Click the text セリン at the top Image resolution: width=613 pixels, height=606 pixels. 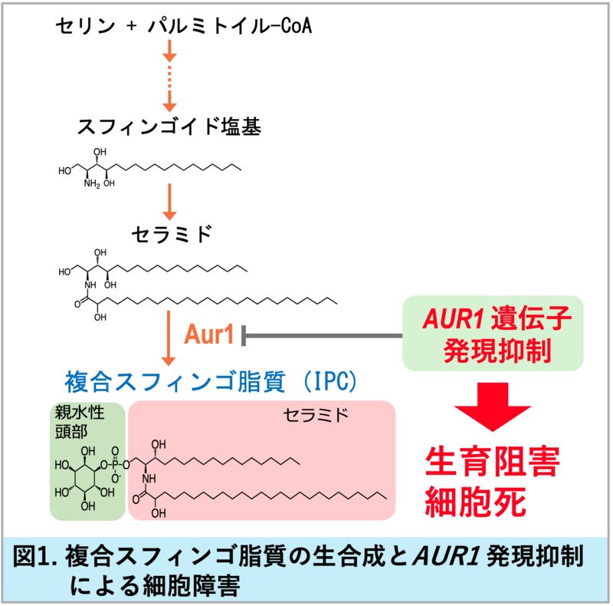click(86, 26)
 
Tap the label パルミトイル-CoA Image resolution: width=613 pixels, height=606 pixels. click(230, 26)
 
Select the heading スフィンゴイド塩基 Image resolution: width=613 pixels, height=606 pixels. click(169, 127)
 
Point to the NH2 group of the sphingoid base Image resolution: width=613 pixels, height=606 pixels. click(92, 183)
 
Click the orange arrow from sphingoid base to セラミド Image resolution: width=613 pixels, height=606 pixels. click(169, 202)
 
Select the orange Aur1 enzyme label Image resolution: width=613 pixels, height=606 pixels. click(208, 334)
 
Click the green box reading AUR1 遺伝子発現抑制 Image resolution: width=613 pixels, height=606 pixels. click(493, 333)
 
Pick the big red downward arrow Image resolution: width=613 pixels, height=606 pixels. click(493, 407)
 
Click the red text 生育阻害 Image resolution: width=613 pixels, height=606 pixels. click(493, 462)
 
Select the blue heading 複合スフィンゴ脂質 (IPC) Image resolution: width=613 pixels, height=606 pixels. click(211, 382)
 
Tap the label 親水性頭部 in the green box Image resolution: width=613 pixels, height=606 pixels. click(80, 422)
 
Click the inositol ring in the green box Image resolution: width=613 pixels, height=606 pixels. click(84, 478)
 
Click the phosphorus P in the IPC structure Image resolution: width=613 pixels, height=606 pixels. click(115, 465)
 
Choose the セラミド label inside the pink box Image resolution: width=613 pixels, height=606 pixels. click(316, 415)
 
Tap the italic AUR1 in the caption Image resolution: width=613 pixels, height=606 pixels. click(446, 556)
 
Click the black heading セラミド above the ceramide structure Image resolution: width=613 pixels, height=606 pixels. click(172, 234)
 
